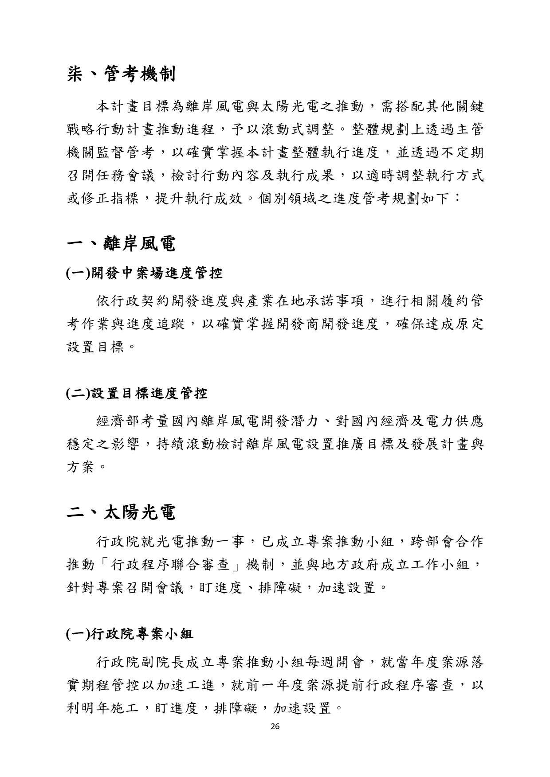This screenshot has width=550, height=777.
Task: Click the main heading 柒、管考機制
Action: click(x=121, y=74)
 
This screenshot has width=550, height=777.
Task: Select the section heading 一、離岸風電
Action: click(x=121, y=244)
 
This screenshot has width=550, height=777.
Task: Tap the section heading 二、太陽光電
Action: click(x=121, y=513)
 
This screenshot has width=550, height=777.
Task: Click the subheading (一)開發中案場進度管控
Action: click(x=144, y=273)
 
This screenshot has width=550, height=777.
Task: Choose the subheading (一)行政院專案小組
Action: click(x=130, y=634)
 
